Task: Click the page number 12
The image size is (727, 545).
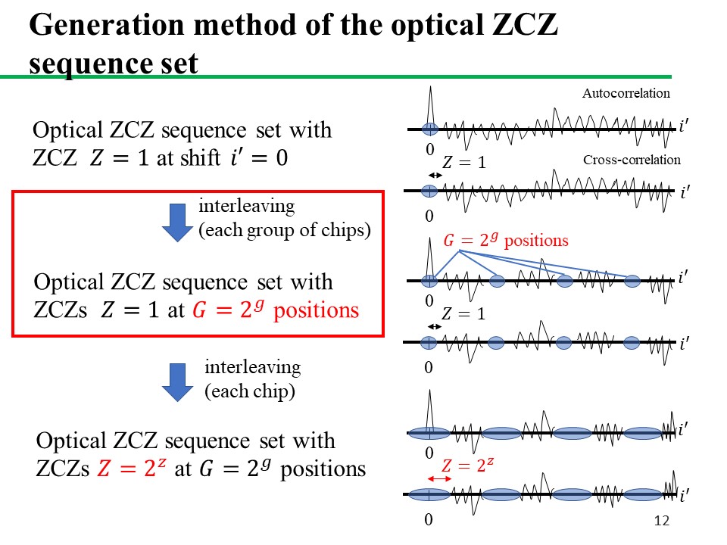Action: point(662,521)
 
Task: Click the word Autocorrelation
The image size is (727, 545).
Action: point(626,93)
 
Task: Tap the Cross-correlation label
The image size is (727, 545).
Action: point(632,160)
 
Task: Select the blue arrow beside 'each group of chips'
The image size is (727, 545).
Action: point(177,223)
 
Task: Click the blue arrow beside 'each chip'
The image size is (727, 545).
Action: point(177,382)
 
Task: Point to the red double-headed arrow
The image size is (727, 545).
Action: point(439,478)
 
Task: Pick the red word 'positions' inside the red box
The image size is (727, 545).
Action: point(317,311)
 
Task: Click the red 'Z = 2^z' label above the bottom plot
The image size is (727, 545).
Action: point(467,465)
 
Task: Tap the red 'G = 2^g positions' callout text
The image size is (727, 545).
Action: point(506,240)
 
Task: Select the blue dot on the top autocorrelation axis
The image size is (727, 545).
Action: point(430,129)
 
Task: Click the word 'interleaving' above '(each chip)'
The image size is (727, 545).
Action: point(253,368)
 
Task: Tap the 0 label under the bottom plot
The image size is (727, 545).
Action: point(429,519)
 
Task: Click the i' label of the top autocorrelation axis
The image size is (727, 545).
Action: point(683,126)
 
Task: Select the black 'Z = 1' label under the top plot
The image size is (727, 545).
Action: point(463,162)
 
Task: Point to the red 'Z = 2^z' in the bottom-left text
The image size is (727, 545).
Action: point(132,468)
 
